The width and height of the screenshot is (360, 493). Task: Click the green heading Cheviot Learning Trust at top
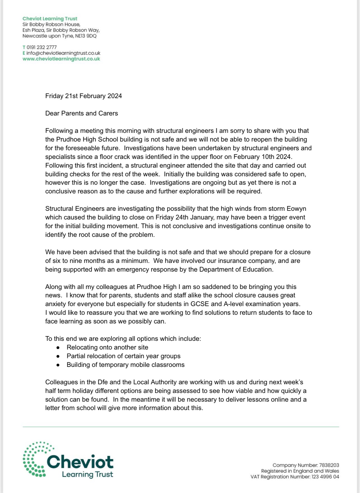tap(50, 18)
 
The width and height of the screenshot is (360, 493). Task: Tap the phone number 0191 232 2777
tap(41, 47)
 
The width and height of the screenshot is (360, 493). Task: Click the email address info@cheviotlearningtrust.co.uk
tap(63, 53)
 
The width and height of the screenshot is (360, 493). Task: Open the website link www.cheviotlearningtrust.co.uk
tap(61, 59)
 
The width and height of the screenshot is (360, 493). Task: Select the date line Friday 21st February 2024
tap(84, 96)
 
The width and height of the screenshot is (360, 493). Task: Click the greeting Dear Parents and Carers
tap(82, 113)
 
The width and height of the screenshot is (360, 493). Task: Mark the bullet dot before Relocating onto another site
tap(58, 348)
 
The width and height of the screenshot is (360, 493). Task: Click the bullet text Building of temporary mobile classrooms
tap(125, 365)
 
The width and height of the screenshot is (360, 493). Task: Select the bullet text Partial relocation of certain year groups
tap(123, 356)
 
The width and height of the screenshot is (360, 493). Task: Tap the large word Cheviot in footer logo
tap(80, 462)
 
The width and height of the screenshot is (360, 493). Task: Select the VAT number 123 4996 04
tap(325, 477)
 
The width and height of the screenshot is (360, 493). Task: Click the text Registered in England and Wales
tap(300, 471)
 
